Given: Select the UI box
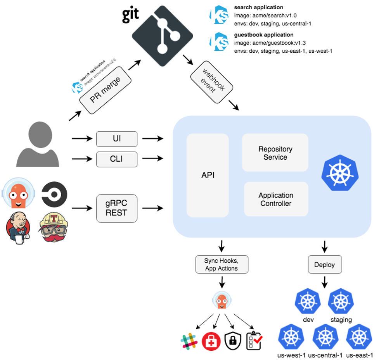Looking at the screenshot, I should [x=117, y=139].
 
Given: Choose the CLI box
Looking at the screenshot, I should [x=117, y=159].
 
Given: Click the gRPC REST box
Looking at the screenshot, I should [x=117, y=208].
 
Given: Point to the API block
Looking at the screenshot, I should [x=208, y=175].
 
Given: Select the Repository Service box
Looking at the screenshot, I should [x=275, y=153].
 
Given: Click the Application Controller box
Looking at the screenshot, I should [x=276, y=199].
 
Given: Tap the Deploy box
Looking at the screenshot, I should [x=325, y=265].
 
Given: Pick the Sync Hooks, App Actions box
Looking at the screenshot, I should [x=222, y=265].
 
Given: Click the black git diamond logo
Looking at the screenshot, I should [x=163, y=36].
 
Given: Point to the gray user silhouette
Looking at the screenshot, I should [x=38, y=144].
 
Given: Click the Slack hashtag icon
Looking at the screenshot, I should [x=189, y=341].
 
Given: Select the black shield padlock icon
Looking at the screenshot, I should [x=233, y=341].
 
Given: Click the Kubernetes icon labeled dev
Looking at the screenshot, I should [x=308, y=301].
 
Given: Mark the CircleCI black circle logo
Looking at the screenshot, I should [x=54, y=194].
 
